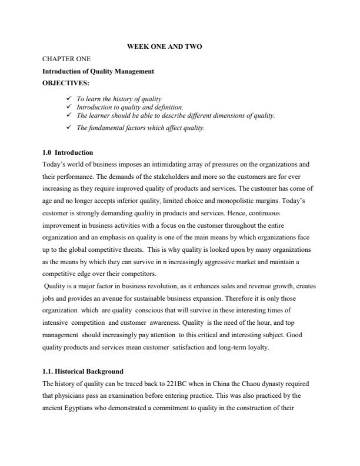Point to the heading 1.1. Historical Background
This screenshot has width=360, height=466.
click(x=83, y=371)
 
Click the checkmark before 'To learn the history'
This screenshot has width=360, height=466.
click(x=70, y=98)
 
